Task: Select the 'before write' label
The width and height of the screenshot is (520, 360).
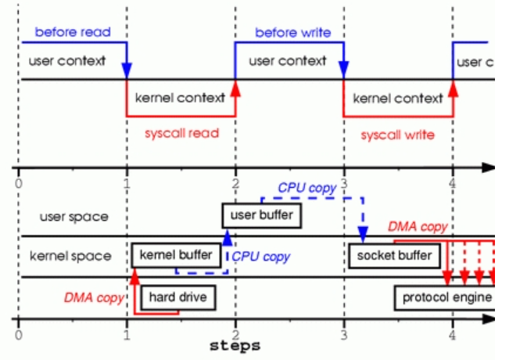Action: [x=292, y=32]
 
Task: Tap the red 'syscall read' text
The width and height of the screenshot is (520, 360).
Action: [x=182, y=133]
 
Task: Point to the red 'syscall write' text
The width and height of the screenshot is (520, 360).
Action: [x=397, y=135]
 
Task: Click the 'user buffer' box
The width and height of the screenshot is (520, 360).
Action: [x=260, y=214]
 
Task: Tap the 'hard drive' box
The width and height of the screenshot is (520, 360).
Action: [x=177, y=297]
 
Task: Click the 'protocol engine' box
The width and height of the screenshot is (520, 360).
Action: [x=446, y=297]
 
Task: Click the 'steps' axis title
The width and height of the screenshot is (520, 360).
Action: [x=235, y=345]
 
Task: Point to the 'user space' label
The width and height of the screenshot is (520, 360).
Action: [x=75, y=217]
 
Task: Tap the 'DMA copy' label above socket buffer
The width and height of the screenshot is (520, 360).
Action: [x=418, y=226]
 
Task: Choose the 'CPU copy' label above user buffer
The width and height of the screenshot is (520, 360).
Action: [x=307, y=188]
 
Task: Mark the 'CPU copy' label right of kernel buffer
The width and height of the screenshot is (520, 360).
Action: [x=261, y=256]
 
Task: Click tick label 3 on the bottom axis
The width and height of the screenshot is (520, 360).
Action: [x=344, y=334]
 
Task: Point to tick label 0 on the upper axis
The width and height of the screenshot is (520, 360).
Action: [x=17, y=183]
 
